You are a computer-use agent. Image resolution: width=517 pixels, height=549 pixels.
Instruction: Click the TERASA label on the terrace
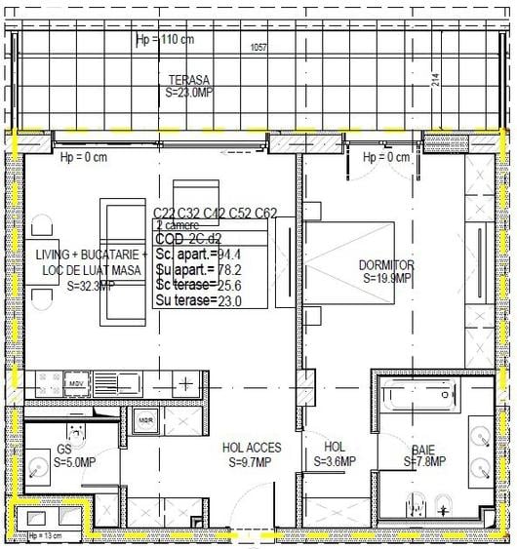click(x=188, y=80)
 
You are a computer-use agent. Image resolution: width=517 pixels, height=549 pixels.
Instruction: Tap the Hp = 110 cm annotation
click(x=164, y=40)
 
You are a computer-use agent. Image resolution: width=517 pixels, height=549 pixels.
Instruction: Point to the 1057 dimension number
click(x=258, y=47)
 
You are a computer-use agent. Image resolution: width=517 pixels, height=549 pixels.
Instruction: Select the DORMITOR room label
click(x=387, y=265)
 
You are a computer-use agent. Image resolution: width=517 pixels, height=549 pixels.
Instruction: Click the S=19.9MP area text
click(x=387, y=278)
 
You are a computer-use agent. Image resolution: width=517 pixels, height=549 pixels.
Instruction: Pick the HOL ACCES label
click(x=252, y=449)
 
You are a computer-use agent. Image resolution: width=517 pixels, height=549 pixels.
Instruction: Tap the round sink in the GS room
click(x=39, y=467)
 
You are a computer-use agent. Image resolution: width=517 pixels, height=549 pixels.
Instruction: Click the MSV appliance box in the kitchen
click(x=75, y=383)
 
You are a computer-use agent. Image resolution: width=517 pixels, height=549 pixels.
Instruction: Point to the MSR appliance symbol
click(x=145, y=420)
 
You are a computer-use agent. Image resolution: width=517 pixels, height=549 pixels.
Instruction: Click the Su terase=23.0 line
click(x=199, y=301)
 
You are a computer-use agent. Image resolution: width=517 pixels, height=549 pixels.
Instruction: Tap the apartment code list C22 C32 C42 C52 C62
click(x=215, y=213)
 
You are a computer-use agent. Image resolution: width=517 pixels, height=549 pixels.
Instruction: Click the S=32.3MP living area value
click(x=91, y=287)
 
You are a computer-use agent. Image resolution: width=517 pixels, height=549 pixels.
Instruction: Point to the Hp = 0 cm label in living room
click(x=83, y=158)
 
